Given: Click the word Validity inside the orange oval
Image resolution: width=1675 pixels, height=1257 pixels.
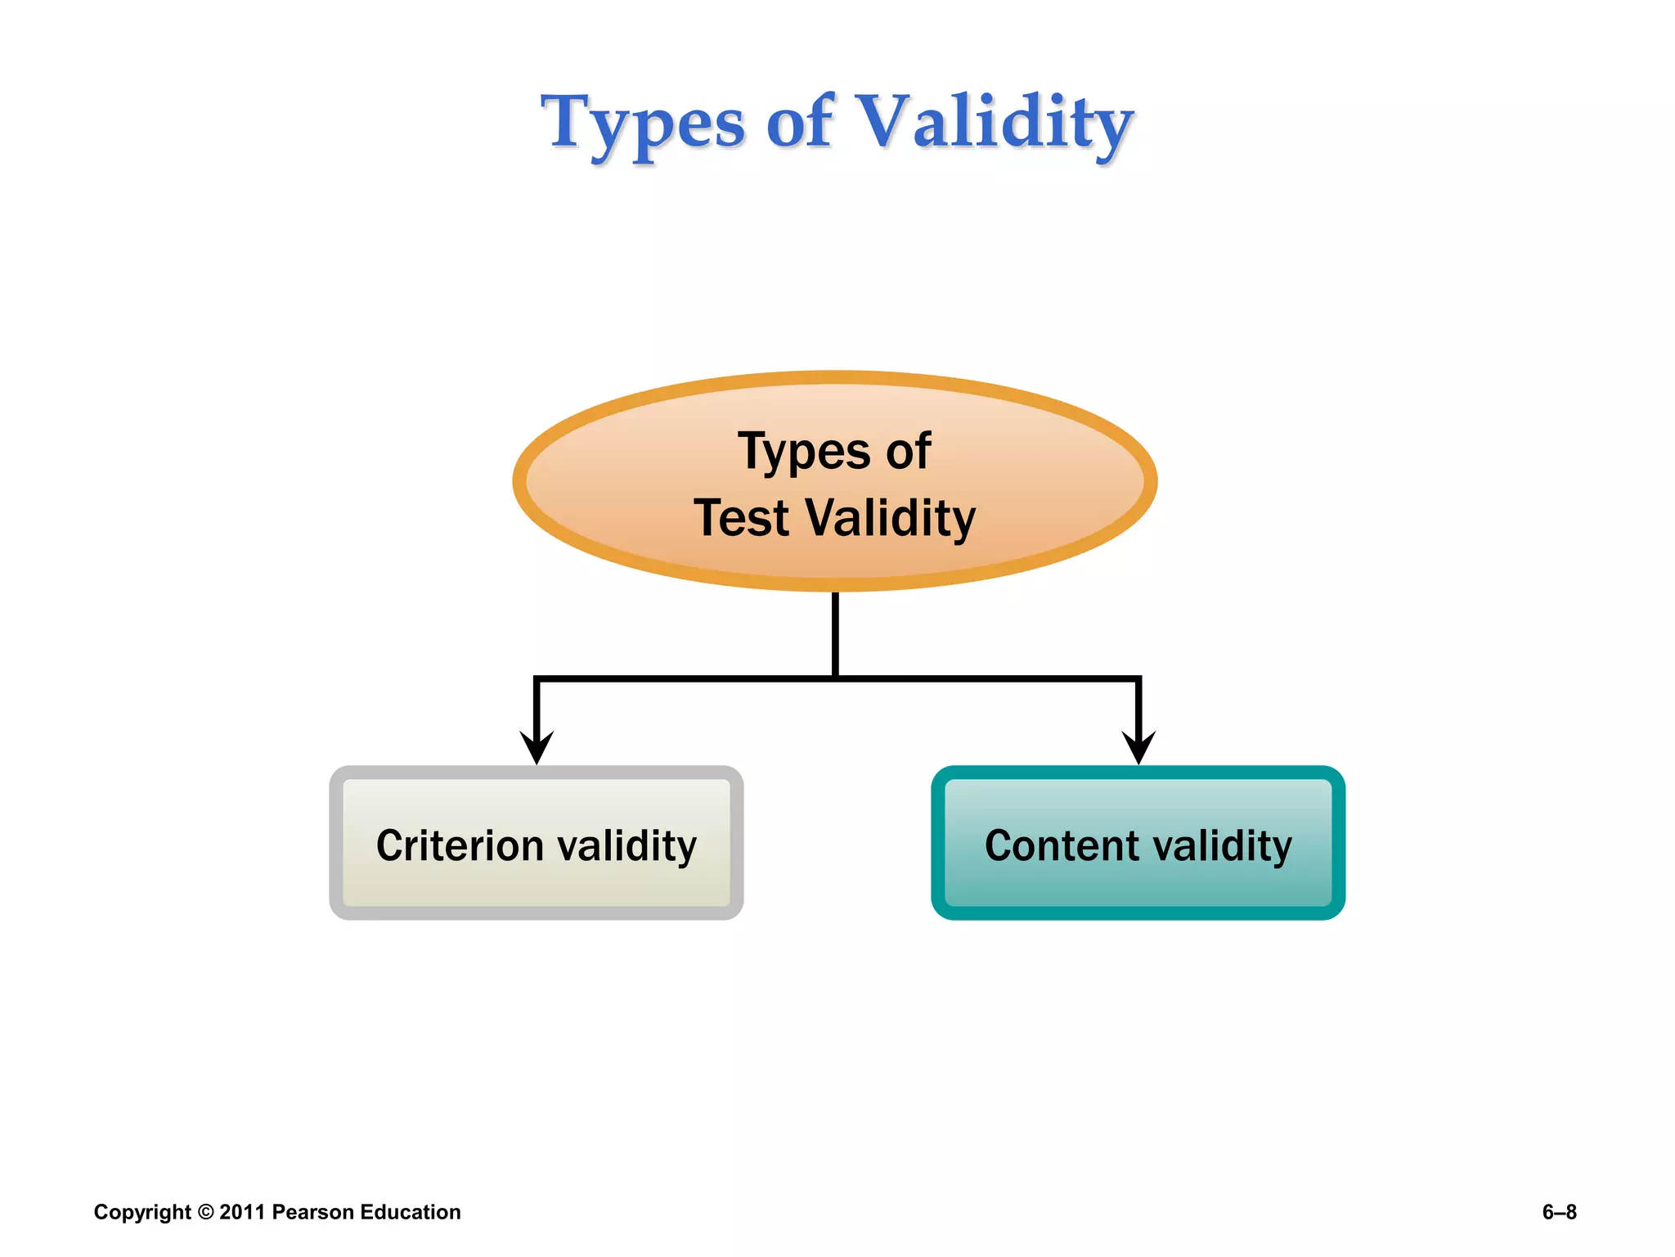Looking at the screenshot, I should click(x=891, y=518).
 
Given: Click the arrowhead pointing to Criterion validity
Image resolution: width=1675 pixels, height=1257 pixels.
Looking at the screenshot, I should click(x=537, y=746).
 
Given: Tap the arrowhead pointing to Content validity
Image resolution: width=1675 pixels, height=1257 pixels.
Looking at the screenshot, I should click(x=1138, y=746).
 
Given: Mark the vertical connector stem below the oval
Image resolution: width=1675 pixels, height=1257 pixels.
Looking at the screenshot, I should click(x=835, y=634).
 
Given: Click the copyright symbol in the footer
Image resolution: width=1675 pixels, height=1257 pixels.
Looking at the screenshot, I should click(x=205, y=1212).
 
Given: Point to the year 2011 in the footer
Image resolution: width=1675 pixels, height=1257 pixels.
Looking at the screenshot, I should click(x=242, y=1212).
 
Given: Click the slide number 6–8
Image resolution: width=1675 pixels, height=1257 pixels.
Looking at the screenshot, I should click(x=1559, y=1212).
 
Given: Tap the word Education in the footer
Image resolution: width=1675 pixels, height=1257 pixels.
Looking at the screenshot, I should click(x=411, y=1212).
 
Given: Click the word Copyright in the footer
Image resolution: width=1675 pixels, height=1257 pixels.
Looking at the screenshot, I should click(x=142, y=1212).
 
